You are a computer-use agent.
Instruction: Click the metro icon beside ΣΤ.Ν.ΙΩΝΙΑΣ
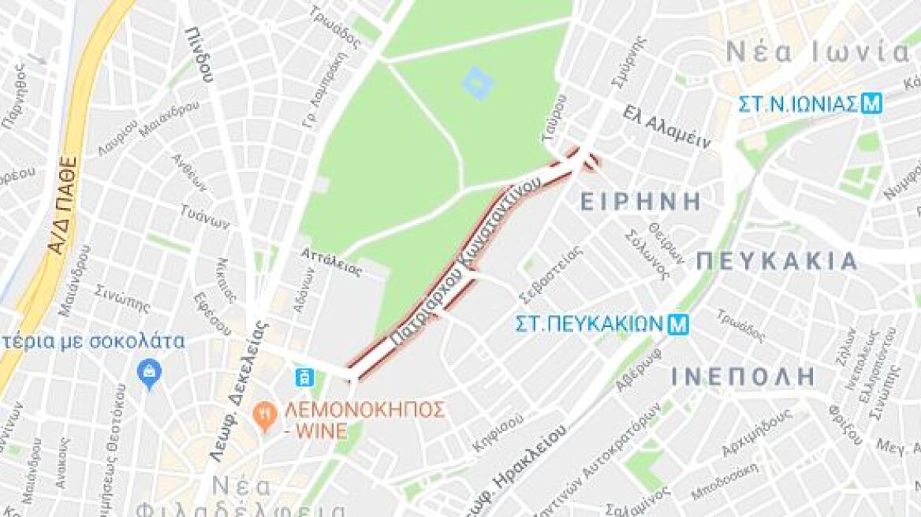(x=871, y=103)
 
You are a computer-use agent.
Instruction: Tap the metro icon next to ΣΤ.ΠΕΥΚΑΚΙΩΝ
(x=676, y=323)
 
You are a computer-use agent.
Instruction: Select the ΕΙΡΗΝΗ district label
(x=640, y=202)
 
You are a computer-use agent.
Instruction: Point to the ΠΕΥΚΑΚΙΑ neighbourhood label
(x=777, y=262)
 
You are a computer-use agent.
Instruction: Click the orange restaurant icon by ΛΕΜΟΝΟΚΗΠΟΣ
(x=263, y=413)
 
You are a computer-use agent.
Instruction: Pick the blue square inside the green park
(x=475, y=82)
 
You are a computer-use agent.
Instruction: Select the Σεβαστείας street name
(x=551, y=274)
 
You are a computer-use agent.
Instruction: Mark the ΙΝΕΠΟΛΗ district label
(x=743, y=376)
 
